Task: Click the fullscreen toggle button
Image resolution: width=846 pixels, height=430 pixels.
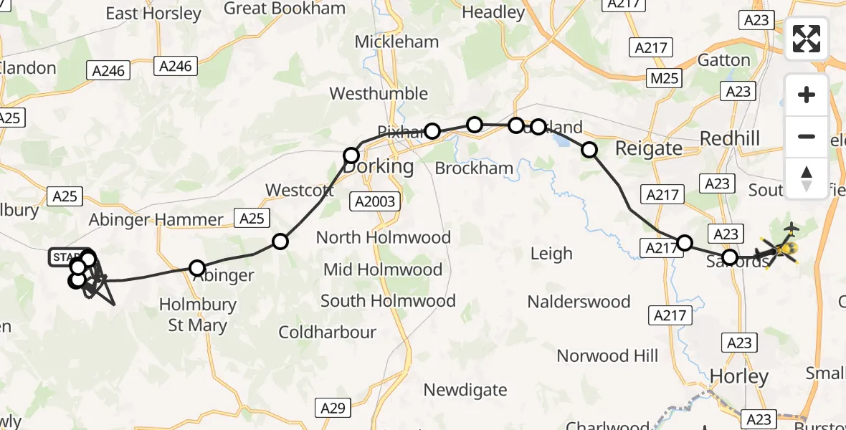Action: click(807, 39)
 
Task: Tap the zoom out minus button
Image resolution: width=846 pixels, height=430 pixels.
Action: click(807, 136)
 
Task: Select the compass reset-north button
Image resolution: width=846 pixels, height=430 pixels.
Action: click(807, 178)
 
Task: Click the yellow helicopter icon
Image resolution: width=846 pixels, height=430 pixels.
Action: click(785, 249)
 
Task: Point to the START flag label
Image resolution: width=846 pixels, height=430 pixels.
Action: click(66, 257)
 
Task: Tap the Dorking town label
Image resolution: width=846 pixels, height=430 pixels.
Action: click(379, 166)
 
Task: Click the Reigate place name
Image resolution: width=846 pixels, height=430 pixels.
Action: click(649, 148)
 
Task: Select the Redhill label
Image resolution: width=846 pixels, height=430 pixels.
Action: click(729, 138)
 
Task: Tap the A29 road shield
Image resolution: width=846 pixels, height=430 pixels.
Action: click(333, 408)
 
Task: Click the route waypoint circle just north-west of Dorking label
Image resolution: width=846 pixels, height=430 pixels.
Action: click(351, 156)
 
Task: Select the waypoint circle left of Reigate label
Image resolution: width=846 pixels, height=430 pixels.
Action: click(589, 150)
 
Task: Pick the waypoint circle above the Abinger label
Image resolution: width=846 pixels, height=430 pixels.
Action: click(197, 268)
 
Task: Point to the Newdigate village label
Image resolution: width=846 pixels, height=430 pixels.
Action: click(465, 391)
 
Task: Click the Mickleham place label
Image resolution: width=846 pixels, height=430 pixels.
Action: click(396, 42)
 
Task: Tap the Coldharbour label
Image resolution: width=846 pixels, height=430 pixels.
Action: click(327, 333)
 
